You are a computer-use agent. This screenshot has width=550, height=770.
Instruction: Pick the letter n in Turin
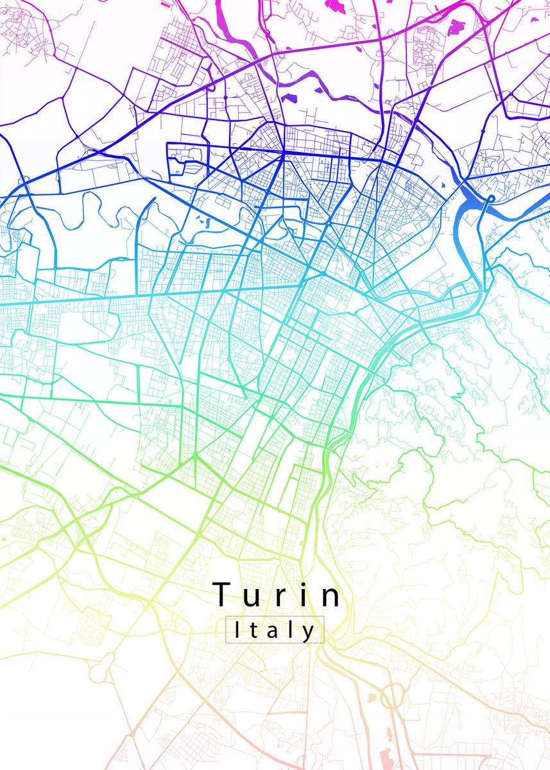332,597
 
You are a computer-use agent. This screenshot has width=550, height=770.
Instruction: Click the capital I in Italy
237,630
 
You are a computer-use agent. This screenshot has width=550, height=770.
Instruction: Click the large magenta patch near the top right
456,27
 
